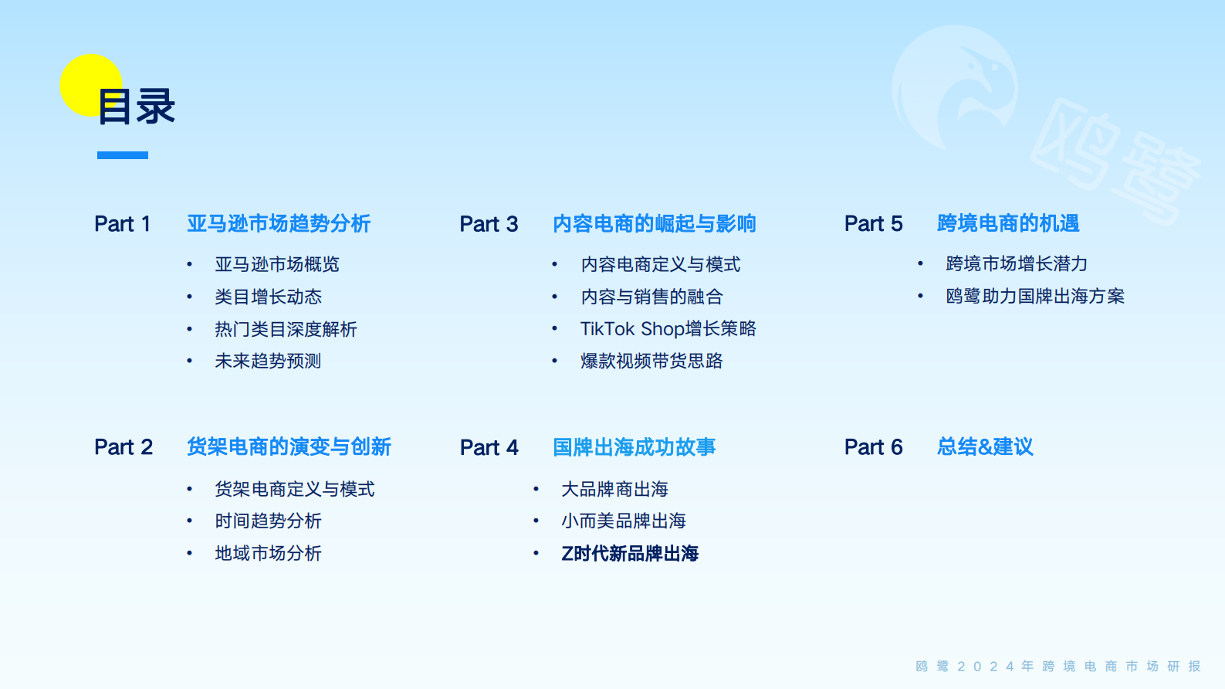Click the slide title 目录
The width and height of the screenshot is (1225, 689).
(x=137, y=107)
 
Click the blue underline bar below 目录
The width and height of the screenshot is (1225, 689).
(x=123, y=155)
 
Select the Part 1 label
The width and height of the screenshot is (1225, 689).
(x=122, y=224)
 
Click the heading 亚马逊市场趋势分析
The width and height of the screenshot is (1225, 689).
(x=279, y=224)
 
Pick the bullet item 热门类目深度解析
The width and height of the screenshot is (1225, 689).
(x=286, y=330)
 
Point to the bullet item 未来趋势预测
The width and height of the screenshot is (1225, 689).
(x=268, y=361)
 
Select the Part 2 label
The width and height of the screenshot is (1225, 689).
(x=124, y=447)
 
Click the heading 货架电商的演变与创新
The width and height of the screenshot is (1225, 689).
(x=289, y=447)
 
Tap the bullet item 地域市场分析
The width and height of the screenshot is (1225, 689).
(x=268, y=553)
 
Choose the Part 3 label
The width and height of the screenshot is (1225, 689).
(x=489, y=224)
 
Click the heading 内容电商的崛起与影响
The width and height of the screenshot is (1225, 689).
(x=654, y=224)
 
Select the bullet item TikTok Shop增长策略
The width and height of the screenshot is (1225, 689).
(x=668, y=329)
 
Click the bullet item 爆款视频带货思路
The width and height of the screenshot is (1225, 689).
(x=651, y=361)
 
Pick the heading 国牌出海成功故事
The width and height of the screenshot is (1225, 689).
(x=634, y=447)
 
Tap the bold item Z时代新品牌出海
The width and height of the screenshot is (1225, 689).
(x=630, y=553)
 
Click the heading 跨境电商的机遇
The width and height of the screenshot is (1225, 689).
(x=1008, y=223)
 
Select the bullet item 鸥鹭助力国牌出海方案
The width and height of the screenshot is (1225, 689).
(x=1035, y=297)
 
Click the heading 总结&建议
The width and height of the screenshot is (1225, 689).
(x=985, y=447)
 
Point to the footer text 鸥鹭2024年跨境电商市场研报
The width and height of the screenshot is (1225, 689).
(x=1058, y=666)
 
